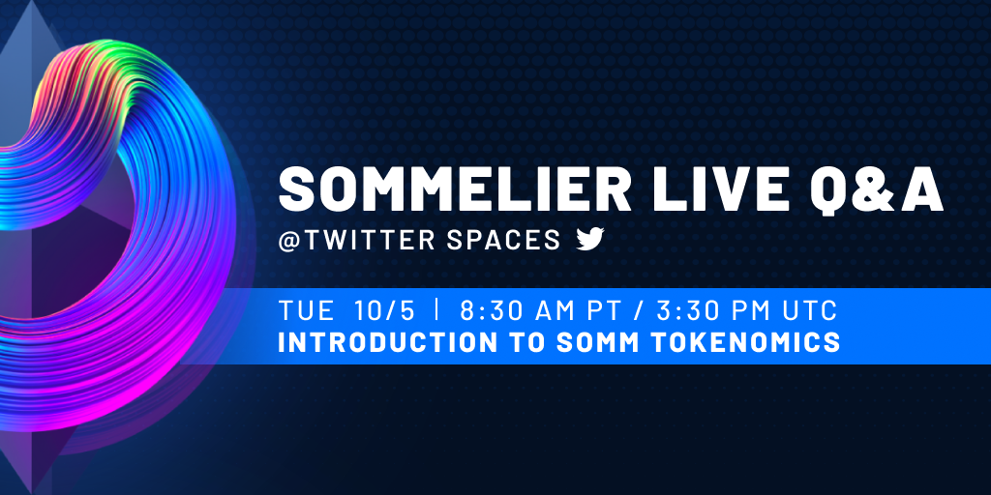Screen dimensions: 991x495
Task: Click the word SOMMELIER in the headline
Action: click(455, 190)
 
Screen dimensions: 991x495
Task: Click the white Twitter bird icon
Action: click(590, 240)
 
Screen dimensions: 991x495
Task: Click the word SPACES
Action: click(502, 240)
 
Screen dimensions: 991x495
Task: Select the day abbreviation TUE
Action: click(307, 310)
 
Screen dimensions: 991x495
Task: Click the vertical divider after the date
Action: click(436, 310)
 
